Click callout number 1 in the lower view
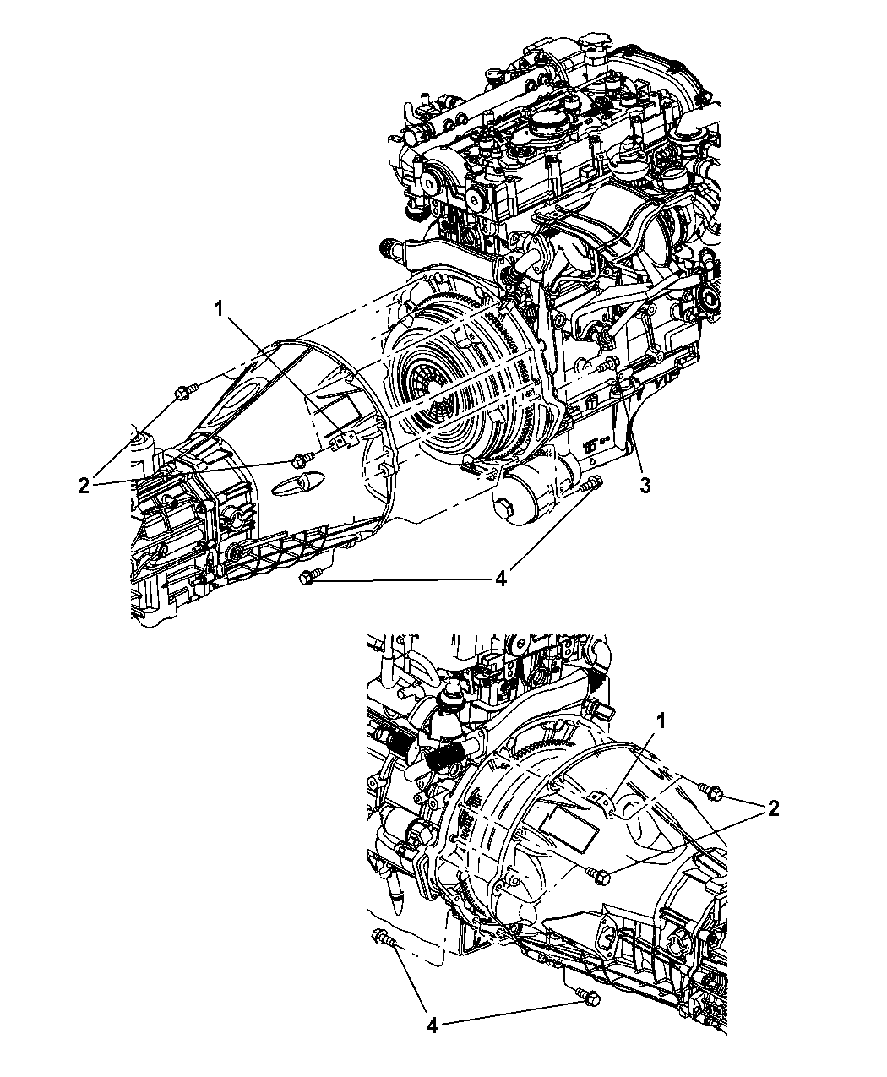click(662, 721)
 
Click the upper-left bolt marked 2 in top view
click(184, 390)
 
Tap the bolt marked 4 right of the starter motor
click(592, 486)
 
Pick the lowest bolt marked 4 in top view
click(308, 578)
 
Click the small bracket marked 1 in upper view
click(341, 439)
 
